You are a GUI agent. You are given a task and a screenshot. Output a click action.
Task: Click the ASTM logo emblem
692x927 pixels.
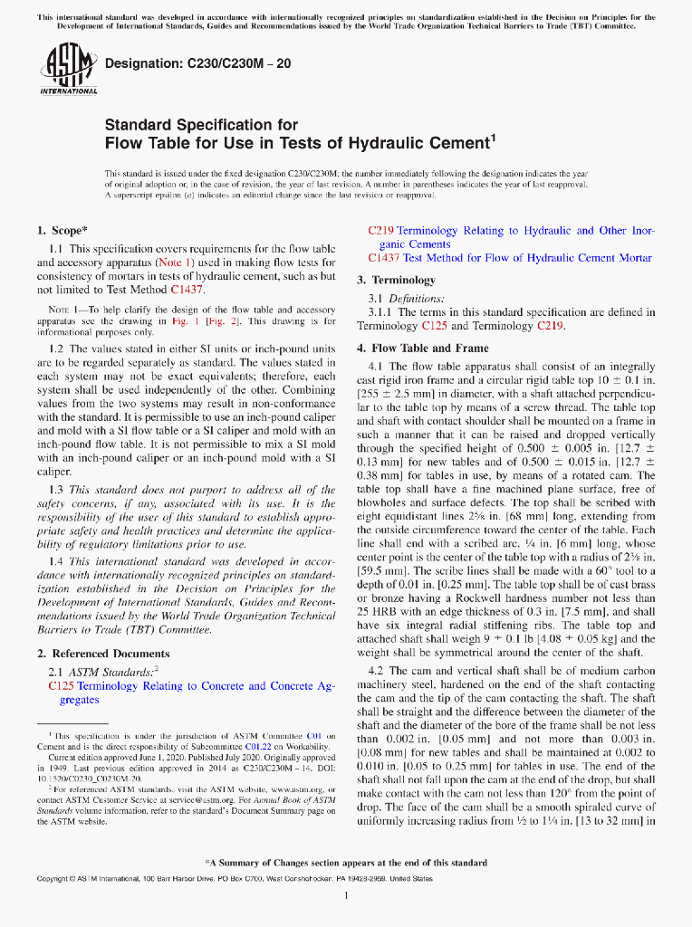tap(69, 64)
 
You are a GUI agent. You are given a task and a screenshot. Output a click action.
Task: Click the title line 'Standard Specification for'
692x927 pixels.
tap(201, 124)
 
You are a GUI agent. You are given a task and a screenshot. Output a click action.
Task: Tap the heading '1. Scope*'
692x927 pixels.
tap(62, 230)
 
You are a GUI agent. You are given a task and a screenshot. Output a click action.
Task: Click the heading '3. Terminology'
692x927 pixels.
tap(396, 280)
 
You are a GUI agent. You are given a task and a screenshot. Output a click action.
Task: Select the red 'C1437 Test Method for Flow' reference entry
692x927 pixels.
tap(510, 258)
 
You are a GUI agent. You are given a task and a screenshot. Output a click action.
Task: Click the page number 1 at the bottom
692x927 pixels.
tap(346, 895)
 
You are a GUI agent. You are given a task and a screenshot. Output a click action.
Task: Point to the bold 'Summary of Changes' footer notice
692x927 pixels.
tap(346, 863)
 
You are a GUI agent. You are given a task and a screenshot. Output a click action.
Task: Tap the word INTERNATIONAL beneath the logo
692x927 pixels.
tap(69, 91)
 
